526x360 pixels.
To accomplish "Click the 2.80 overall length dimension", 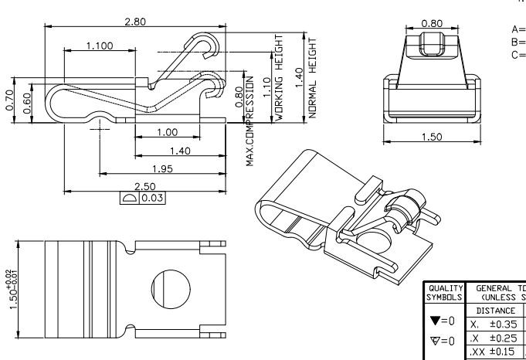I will (x=135, y=22).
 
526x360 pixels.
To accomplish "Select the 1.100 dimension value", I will (x=99, y=46).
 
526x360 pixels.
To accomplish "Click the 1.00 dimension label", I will (x=166, y=133).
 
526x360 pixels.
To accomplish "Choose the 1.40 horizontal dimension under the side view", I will (x=180, y=151).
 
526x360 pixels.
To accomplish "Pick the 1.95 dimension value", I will (x=162, y=168).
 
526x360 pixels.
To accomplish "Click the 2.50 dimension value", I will (x=144, y=187).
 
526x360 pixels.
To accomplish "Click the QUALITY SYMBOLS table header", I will (x=443, y=293).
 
